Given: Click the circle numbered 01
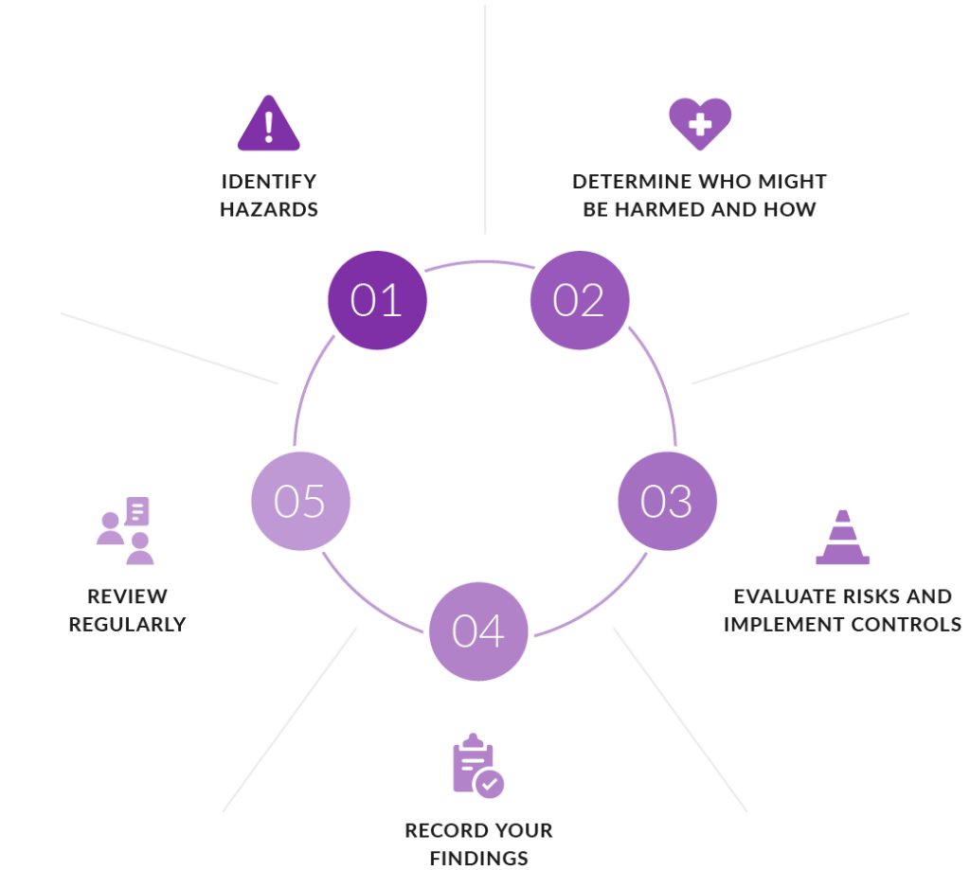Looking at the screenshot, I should pos(377,300).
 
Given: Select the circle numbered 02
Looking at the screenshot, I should pos(579,300).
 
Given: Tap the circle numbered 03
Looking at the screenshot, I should pos(667,502).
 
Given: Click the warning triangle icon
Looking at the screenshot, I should pos(269,124).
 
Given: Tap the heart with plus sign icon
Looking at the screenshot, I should pos(700,124).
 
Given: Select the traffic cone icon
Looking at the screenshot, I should pos(842,539).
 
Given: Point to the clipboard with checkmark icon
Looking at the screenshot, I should pos(477,767).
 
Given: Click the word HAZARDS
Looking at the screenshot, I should pos(269,209).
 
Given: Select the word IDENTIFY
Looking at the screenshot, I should pos(269,181).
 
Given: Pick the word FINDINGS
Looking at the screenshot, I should pos(478,859).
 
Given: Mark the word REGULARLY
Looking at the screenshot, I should pos(127,625).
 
